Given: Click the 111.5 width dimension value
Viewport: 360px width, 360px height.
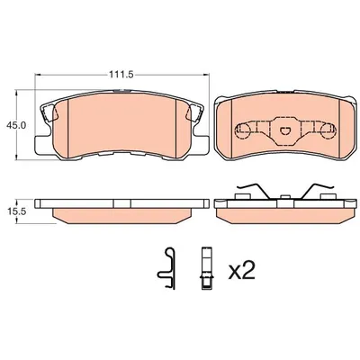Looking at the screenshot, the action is tap(121, 75).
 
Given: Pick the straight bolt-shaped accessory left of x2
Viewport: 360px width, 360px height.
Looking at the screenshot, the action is tap(207, 268).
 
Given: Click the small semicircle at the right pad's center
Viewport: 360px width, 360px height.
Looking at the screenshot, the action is tap(284, 130).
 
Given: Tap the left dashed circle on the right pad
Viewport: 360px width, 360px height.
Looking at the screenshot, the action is tap(243, 130).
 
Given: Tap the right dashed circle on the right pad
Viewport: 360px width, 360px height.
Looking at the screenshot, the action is tap(328, 130).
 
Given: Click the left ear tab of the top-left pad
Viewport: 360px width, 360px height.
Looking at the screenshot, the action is tap(48, 112).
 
